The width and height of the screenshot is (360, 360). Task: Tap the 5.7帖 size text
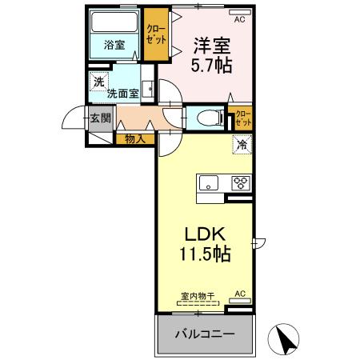tap(211, 66)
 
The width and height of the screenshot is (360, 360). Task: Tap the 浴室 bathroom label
tap(114, 45)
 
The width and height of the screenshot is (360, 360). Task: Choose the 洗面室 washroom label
tap(123, 93)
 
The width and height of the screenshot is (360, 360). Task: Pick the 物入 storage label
tap(134, 138)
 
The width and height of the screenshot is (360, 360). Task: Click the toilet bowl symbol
tap(206, 118)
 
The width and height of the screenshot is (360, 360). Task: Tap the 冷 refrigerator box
tap(242, 146)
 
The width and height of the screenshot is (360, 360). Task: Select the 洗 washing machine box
tap(98, 81)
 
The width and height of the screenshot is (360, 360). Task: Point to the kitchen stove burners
tap(239, 182)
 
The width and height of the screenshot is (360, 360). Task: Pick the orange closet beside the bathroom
tap(155, 37)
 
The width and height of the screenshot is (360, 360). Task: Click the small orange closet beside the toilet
tap(241, 119)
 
